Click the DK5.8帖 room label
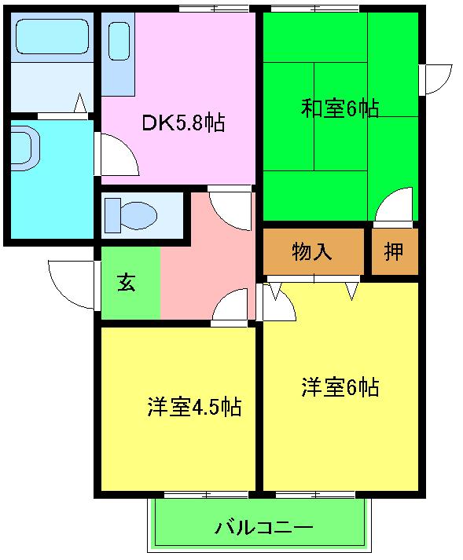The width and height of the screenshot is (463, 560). (182, 123)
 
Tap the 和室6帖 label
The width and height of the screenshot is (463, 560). (340, 108)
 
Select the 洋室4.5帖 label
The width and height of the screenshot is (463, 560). (193, 407)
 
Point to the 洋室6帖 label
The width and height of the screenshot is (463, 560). (340, 387)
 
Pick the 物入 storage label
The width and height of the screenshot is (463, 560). (312, 252)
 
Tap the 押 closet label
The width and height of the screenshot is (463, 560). (394, 252)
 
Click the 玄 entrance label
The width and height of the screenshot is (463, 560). (127, 283)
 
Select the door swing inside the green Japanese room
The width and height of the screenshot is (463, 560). (395, 207)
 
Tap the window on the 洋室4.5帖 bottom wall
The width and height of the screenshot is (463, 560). (206, 495)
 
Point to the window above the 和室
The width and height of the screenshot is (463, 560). (315, 9)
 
